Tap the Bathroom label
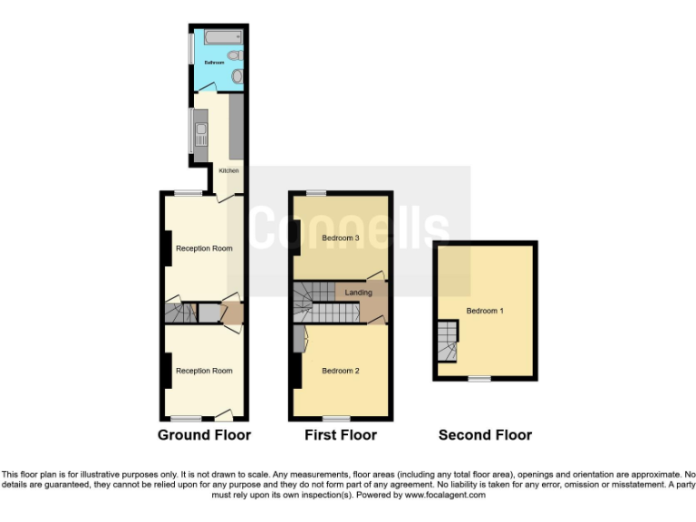click(214, 63)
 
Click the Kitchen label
click(228, 169)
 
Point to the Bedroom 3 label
click(341, 238)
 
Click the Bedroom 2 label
click(341, 371)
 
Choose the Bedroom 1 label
click(485, 311)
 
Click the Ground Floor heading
click(204, 435)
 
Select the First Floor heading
click(340, 435)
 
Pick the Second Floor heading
click(485, 435)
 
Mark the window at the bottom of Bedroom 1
click(478, 379)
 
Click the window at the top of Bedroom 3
click(315, 193)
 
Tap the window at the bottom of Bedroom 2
click(336, 419)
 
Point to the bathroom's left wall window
click(190, 50)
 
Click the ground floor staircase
click(180, 314)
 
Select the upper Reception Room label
click(204, 248)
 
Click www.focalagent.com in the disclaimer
click(445, 495)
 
